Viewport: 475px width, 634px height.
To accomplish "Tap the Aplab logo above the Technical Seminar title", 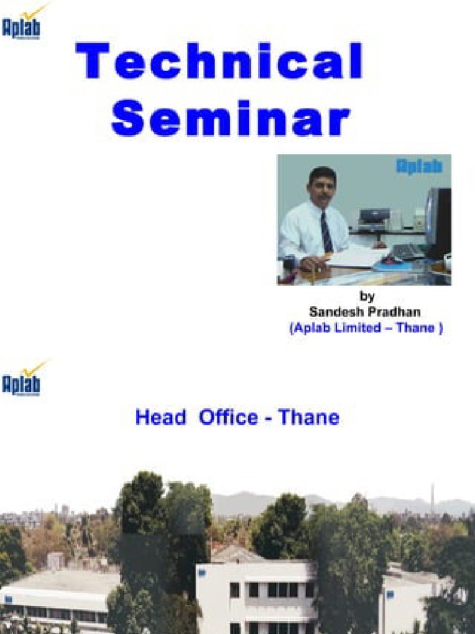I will [22, 25].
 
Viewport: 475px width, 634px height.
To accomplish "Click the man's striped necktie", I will [326, 231].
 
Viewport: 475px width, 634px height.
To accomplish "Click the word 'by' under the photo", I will [367, 297].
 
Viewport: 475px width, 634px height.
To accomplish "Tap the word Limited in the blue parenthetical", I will [356, 329].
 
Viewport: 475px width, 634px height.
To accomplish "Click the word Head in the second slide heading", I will [160, 418].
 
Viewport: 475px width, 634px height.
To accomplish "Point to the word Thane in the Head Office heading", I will [309, 418].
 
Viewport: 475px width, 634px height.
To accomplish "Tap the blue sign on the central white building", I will [202, 573].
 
